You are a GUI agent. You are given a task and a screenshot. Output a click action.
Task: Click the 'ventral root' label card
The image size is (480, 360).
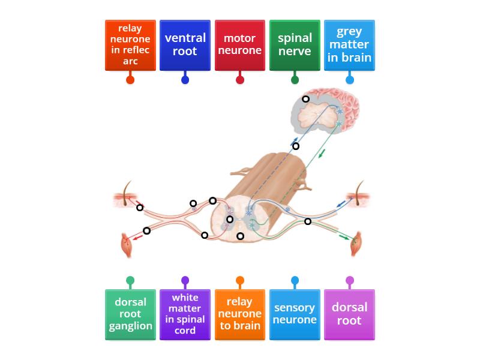coord(185,45)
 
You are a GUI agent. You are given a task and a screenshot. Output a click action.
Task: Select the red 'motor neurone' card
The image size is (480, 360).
coord(240,45)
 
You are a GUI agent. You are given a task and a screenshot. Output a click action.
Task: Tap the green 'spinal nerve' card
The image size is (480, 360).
coord(295,45)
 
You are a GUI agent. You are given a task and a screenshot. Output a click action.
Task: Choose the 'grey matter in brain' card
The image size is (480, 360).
coord(349,45)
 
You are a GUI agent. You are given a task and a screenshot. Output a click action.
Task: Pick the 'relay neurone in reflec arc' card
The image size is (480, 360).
coord(130,45)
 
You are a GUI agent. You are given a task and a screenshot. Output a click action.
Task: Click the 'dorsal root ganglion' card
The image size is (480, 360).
coord(130,314)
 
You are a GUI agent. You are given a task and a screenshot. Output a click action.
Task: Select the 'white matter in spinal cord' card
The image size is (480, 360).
coord(185,314)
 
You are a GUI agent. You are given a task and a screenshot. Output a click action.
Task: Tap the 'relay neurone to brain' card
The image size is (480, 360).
coord(240,314)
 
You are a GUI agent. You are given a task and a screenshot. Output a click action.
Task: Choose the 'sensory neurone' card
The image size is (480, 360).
coord(295,314)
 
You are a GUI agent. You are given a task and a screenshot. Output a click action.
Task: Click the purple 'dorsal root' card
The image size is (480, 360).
coord(349,314)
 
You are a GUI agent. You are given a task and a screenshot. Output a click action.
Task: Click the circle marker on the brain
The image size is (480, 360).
coord(305,99)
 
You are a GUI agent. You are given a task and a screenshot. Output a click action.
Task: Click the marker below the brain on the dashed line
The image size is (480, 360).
coord(296,146)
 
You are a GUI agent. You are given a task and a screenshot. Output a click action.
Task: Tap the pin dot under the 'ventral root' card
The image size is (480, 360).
coord(185,80)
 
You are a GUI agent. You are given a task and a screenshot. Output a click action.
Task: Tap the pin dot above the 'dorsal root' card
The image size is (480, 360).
coord(349,280)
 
